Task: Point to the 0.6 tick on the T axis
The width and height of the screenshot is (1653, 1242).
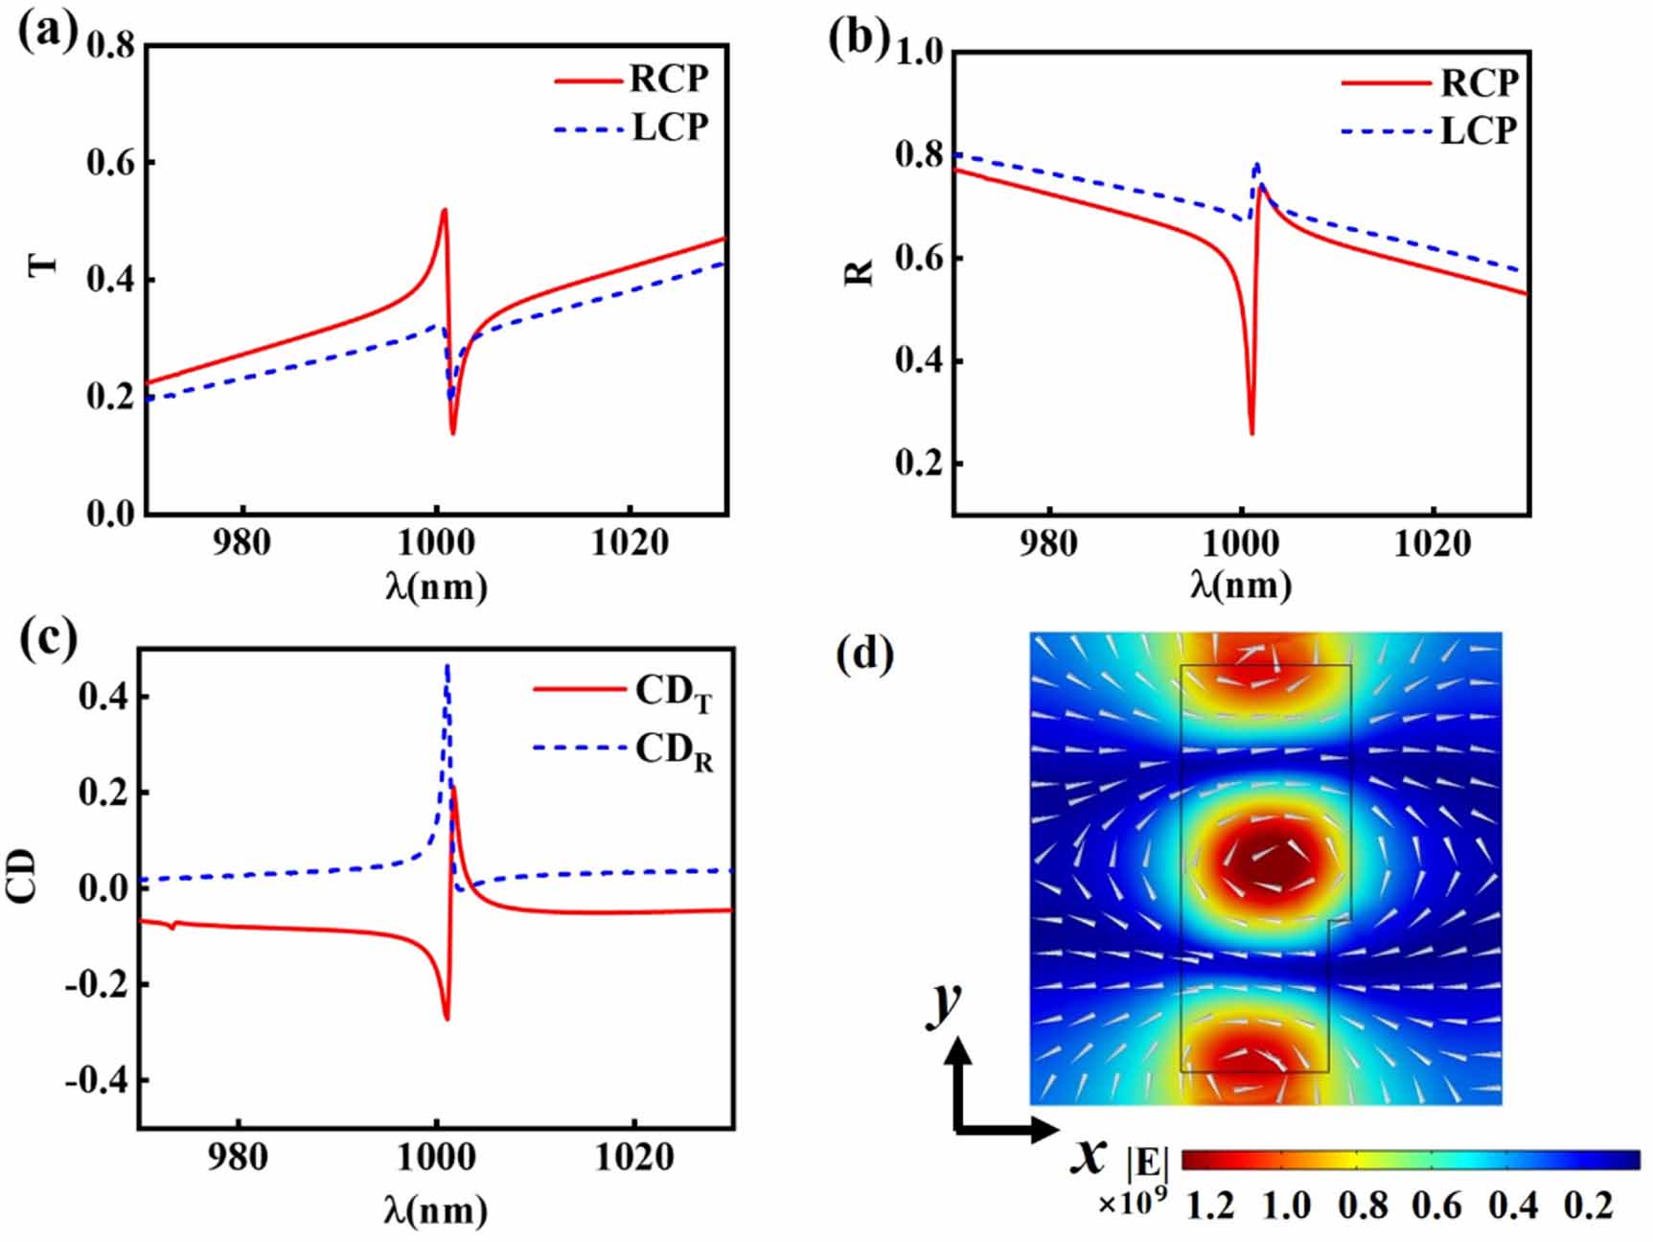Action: click(x=111, y=162)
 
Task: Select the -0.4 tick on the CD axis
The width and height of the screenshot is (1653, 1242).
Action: click(x=96, y=1081)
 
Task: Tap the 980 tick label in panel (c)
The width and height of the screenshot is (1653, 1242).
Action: click(x=237, y=1158)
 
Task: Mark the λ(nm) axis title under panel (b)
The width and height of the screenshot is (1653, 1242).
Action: click(x=1240, y=585)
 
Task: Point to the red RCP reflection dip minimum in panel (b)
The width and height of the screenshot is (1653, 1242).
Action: click(x=1251, y=433)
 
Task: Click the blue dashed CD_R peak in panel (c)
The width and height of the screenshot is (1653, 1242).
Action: click(x=447, y=665)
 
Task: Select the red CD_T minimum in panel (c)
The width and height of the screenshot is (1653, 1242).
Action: click(x=447, y=1018)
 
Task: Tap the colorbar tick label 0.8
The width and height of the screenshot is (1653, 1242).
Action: click(x=1362, y=1206)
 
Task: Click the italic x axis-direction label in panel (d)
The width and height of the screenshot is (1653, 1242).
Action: click(x=1089, y=1157)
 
